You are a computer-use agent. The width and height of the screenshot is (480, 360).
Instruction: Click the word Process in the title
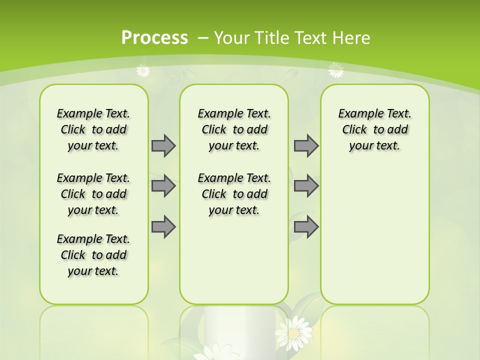click(154, 37)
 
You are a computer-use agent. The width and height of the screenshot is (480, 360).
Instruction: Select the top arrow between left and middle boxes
click(163, 145)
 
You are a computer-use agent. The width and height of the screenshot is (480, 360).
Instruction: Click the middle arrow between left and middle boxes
click(163, 186)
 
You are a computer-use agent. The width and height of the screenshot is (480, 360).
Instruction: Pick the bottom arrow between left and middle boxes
click(163, 227)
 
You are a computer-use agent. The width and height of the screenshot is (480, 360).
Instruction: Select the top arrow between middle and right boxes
click(306, 145)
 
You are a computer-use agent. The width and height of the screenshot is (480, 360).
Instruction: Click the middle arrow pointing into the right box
click(306, 186)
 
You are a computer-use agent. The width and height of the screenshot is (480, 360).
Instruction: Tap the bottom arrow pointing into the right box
click(306, 227)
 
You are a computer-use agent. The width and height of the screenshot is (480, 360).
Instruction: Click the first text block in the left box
click(93, 129)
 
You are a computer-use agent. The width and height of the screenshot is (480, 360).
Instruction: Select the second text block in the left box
click(93, 194)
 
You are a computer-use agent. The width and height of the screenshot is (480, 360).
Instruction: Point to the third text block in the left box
click(93, 255)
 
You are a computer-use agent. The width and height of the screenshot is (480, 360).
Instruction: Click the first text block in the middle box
click(234, 129)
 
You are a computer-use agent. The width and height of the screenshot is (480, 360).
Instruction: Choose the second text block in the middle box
click(234, 194)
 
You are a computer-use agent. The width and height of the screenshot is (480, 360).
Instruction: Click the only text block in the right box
click(374, 129)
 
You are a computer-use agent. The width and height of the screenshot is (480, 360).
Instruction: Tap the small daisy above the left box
click(143, 70)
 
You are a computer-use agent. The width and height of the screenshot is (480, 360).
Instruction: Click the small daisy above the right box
click(336, 70)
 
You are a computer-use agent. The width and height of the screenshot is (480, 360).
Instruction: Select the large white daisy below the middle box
click(294, 332)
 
